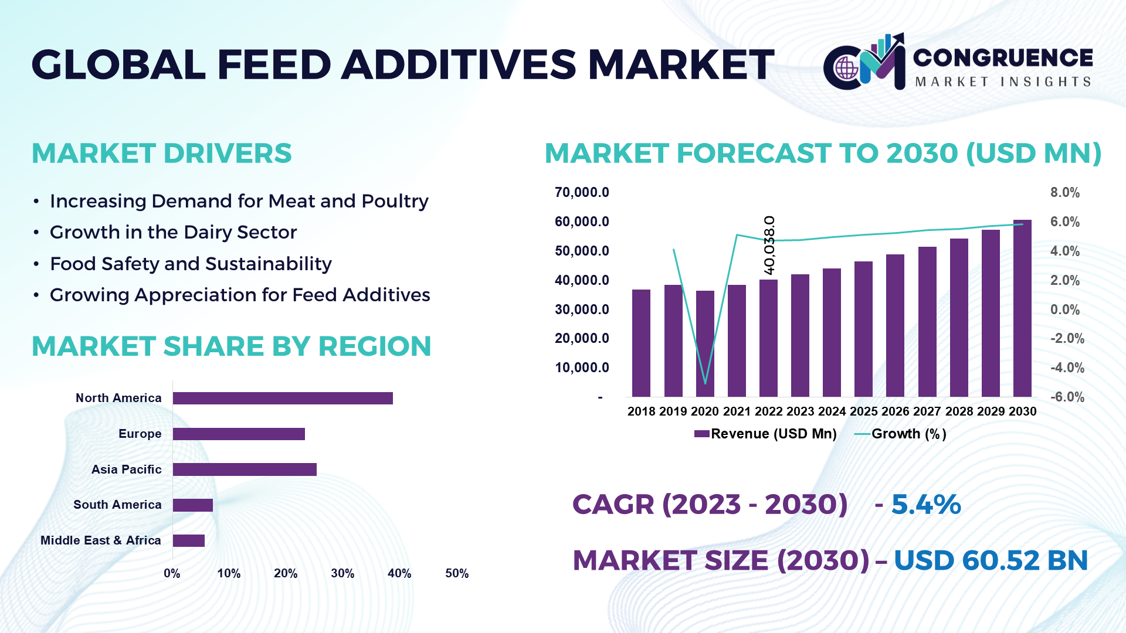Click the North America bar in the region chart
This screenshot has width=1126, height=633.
click(x=283, y=398)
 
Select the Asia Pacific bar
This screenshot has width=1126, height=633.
click(x=245, y=469)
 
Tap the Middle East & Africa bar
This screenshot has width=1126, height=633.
click(x=189, y=540)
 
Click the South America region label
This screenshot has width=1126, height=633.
click(x=117, y=505)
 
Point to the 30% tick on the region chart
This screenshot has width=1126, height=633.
click(x=342, y=573)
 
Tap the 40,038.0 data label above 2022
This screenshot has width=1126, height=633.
click(x=769, y=245)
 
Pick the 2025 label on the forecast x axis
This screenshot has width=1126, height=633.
click(x=863, y=411)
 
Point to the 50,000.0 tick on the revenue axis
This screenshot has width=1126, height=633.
click(x=582, y=251)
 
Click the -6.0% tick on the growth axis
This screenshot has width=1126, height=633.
click(x=1067, y=397)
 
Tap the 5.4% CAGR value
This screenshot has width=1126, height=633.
click(x=926, y=505)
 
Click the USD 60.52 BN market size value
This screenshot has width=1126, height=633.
click(x=991, y=560)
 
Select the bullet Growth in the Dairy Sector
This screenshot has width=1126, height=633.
click(x=173, y=232)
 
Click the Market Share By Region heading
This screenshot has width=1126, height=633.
click(x=231, y=346)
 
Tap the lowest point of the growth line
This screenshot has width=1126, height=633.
click(x=705, y=383)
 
